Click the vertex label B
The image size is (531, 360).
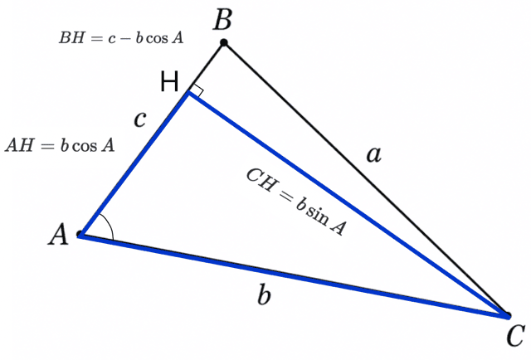pyautogui.click(x=222, y=20)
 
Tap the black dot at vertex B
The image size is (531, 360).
pyautogui.click(x=223, y=42)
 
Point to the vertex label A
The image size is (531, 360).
pyautogui.click(x=58, y=235)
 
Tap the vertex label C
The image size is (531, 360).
pyautogui.click(x=515, y=335)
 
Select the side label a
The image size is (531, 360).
pyautogui.click(x=374, y=154)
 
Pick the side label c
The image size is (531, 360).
pyautogui.click(x=140, y=119)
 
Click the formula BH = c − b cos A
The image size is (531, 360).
pyautogui.click(x=121, y=37)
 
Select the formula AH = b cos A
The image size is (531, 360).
pyautogui.click(x=60, y=145)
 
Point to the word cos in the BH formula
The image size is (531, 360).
pyautogui.click(x=157, y=38)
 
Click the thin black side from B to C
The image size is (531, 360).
pyautogui.click(x=366, y=179)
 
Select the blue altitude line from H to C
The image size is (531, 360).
pyautogui.click(x=348, y=204)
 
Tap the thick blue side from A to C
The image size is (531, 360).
pyautogui.click(x=295, y=276)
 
